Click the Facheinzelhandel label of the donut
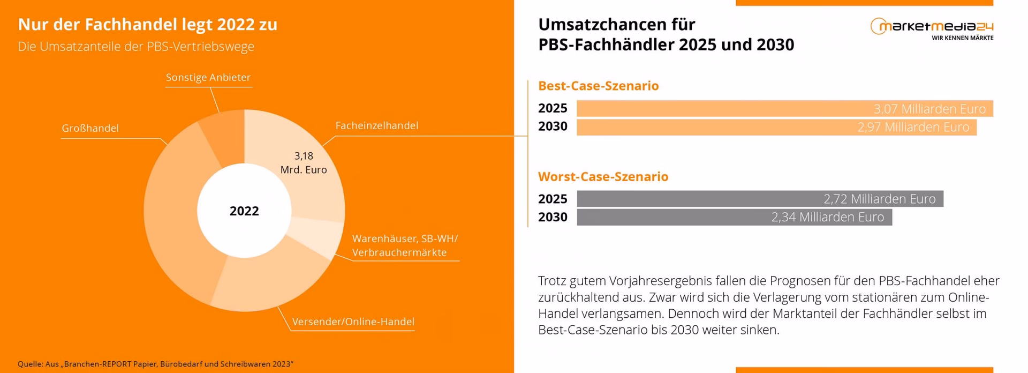click(x=376, y=125)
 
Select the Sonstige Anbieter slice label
click(x=208, y=77)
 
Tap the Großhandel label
click(x=90, y=128)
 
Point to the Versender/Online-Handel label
click(x=353, y=322)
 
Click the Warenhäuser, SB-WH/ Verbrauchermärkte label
click(x=404, y=245)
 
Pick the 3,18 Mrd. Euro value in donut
click(x=304, y=163)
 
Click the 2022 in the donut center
click(x=244, y=211)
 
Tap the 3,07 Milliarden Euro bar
click(x=784, y=109)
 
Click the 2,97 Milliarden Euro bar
click(x=776, y=127)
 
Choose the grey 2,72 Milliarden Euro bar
click(x=760, y=199)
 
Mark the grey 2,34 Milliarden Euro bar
click(x=734, y=217)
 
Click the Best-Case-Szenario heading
click(x=598, y=86)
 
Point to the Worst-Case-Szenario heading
click(x=603, y=176)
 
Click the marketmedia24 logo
click(x=932, y=26)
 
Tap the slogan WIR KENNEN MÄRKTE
click(x=962, y=38)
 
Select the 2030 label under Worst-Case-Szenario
click(x=553, y=217)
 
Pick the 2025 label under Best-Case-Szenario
click(x=553, y=108)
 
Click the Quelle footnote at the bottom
click(x=155, y=364)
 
